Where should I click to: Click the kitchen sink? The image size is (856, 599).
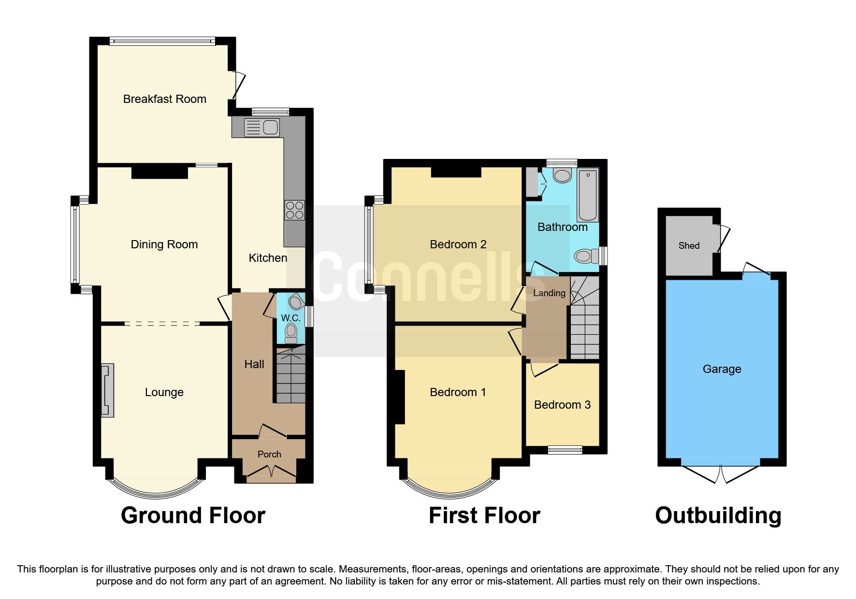tap(262, 128)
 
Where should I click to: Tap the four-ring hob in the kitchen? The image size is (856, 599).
tap(294, 210)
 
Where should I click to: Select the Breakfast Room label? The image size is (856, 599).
tap(164, 99)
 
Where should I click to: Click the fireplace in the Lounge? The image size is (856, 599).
tap(107, 390)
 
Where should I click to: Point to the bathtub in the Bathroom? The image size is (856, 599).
tap(587, 195)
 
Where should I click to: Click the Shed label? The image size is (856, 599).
tap(689, 245)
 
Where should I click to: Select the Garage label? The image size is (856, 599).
tap(722, 369)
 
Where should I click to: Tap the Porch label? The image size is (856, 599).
tap(269, 454)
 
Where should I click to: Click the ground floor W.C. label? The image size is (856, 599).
tap(290, 318)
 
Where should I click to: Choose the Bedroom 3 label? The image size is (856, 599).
tap(562, 405)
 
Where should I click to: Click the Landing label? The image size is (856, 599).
tap(549, 293)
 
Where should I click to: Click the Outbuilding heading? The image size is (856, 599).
tap(718, 515)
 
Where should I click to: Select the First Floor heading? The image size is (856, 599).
tap(484, 515)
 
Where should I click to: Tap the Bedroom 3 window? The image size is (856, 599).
tap(565, 450)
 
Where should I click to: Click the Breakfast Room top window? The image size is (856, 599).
tap(162, 42)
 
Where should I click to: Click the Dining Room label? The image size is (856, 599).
tap(164, 244)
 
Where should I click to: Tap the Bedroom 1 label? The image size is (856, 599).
tap(458, 392)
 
